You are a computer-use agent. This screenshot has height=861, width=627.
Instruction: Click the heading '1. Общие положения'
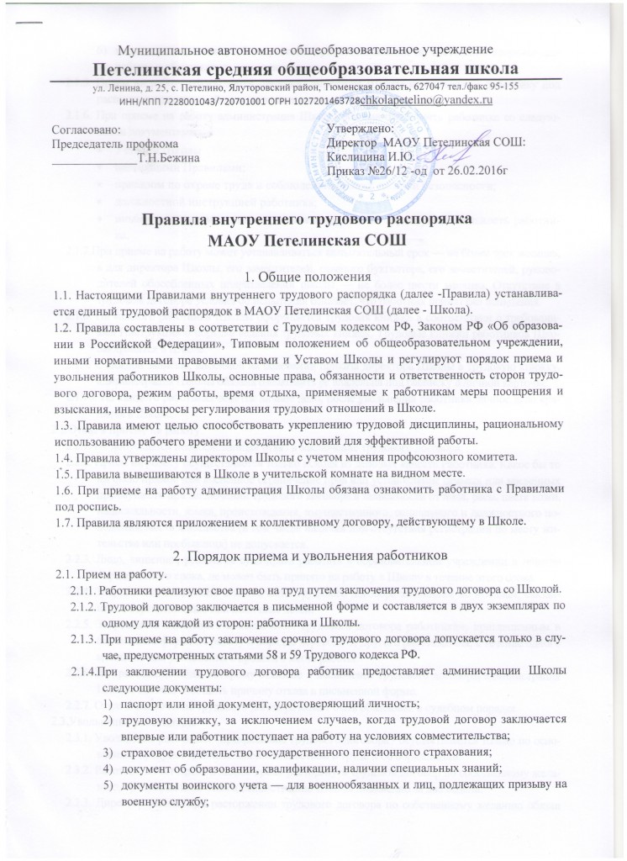coord(313,277)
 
